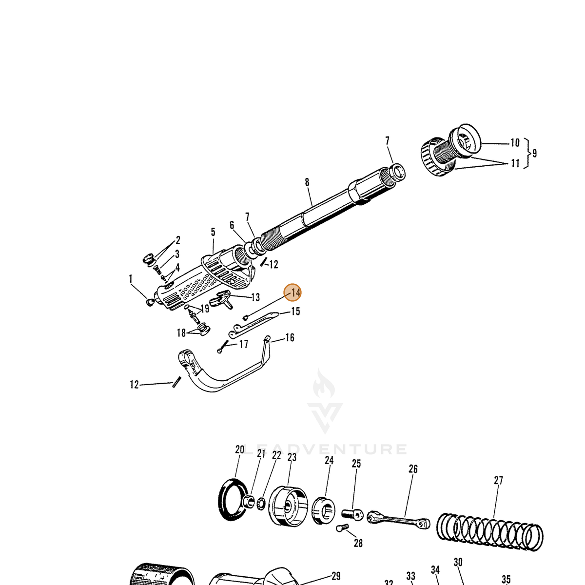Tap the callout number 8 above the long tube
pos(307,182)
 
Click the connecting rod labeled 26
pos(398,519)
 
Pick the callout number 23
pos(292,457)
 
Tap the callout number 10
pos(515,143)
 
